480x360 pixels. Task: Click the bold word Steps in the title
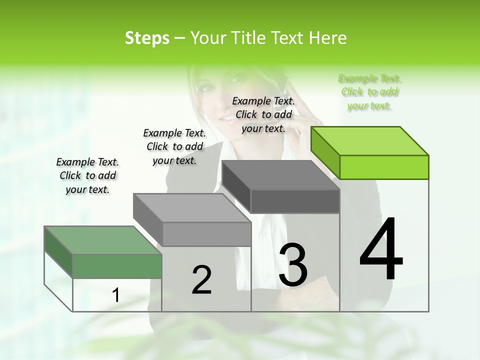(x=147, y=38)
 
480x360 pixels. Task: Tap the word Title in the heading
(x=248, y=38)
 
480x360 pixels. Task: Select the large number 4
(x=381, y=249)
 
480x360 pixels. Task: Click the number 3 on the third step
(x=293, y=265)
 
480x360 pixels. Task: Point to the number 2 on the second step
(x=201, y=280)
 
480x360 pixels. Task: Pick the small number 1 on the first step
(x=116, y=295)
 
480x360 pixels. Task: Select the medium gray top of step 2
(x=192, y=207)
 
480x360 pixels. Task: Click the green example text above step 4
(x=369, y=92)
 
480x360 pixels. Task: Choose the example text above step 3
(x=263, y=114)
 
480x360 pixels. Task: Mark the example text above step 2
(x=174, y=146)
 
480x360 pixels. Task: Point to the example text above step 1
(x=87, y=175)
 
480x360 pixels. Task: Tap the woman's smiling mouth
(x=227, y=116)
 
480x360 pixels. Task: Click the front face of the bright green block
(x=384, y=167)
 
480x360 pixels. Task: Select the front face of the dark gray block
(x=295, y=201)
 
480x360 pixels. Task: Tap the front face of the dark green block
(x=117, y=266)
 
